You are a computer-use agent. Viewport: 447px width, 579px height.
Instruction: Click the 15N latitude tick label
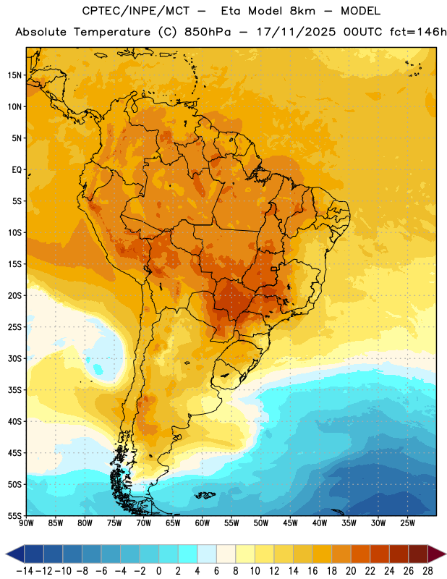14,75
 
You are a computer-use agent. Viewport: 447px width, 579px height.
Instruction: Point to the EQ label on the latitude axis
17,170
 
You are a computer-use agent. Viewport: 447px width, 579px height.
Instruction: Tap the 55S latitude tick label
14,515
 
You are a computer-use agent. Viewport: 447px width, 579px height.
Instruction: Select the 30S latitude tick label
14,358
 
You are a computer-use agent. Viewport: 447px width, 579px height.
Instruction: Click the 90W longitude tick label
26,523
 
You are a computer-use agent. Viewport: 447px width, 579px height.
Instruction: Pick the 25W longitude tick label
407,523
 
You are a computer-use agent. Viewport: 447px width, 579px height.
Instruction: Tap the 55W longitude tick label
231,523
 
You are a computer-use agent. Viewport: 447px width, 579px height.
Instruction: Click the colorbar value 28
427,571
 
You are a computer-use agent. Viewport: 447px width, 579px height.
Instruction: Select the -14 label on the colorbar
25,571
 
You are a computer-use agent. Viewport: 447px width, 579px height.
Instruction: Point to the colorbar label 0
158,571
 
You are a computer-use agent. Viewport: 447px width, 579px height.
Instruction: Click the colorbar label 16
312,571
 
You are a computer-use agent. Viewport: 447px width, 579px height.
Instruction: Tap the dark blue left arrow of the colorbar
15,554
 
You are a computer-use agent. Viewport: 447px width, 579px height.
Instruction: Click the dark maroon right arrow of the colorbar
437,554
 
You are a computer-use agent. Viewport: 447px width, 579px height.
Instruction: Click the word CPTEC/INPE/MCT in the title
136,11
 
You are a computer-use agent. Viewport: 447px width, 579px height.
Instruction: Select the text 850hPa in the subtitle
208,32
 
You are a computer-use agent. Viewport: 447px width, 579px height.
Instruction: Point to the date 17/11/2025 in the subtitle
296,32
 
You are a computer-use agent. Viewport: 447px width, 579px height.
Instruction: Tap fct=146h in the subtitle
418,32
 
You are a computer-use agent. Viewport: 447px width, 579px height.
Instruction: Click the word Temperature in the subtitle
112,33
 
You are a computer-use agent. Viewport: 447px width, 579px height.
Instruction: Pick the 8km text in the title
302,11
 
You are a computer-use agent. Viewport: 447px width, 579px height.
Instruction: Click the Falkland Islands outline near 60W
205,495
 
